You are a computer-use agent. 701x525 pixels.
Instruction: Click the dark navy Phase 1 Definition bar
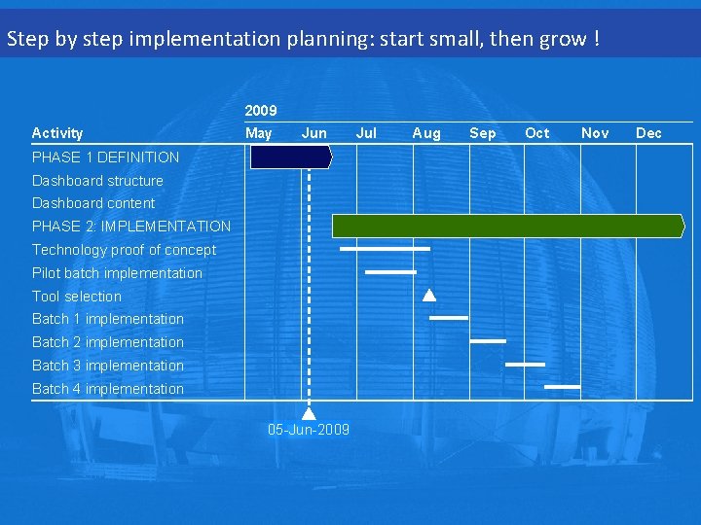point(290,157)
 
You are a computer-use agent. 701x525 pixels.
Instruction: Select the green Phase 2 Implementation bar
point(507,227)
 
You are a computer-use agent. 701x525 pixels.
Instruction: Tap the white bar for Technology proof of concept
point(385,249)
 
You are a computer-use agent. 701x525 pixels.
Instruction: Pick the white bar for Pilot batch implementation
point(390,272)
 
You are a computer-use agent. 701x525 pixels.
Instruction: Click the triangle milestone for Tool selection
point(429,296)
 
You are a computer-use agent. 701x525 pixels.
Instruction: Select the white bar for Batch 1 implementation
point(449,318)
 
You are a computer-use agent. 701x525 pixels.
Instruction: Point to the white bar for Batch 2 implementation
point(488,341)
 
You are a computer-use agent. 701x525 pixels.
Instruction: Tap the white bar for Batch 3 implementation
point(526,365)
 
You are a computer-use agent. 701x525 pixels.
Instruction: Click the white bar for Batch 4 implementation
point(563,387)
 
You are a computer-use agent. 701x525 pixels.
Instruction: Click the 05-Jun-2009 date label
point(309,430)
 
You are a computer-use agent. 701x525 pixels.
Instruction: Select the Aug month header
point(426,133)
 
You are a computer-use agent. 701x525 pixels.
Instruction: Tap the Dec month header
point(648,133)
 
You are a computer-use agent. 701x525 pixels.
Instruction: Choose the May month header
point(258,133)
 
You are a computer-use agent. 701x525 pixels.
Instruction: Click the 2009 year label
point(261,111)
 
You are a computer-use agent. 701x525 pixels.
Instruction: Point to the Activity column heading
point(57,133)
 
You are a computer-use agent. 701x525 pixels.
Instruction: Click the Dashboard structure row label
point(97,180)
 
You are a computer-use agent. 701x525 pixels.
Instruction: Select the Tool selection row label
point(77,296)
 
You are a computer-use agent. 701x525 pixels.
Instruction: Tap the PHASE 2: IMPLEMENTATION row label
point(131,227)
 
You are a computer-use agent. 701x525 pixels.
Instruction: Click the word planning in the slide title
point(322,40)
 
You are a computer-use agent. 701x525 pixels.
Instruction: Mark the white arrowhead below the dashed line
point(310,412)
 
